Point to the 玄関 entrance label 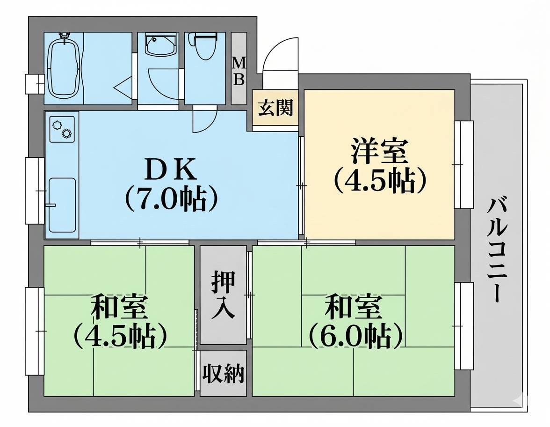click(275, 108)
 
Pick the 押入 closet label click(223, 295)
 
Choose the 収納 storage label click(223, 374)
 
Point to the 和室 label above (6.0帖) click(354, 307)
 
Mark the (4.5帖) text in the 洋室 click(379, 179)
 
